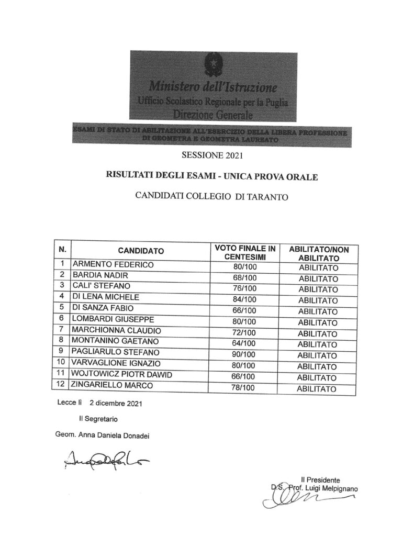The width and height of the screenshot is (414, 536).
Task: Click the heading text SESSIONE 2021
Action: (212, 154)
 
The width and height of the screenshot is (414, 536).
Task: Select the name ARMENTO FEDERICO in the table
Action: (113, 265)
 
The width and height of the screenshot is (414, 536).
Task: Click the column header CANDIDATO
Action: (140, 251)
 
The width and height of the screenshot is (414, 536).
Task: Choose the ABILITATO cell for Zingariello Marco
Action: (318, 389)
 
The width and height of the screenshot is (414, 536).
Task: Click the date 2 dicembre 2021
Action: (116, 404)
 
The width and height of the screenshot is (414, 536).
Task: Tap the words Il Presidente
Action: (320, 479)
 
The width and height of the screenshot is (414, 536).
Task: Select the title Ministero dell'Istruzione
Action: (212, 85)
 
